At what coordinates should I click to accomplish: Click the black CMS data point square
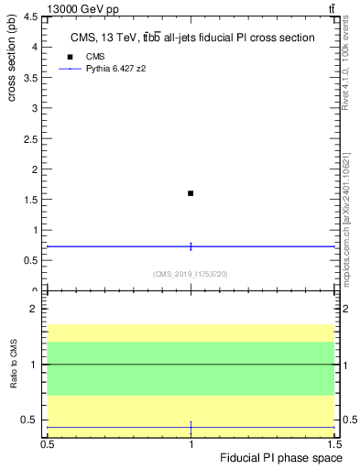coord(191,193)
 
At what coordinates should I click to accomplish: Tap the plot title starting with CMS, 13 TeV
coord(192,38)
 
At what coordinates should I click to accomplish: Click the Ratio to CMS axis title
coord(14,365)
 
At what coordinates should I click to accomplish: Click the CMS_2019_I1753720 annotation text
coord(190,274)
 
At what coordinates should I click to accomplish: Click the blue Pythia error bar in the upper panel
coord(191,245)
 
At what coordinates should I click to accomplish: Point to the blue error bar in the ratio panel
coord(191,428)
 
